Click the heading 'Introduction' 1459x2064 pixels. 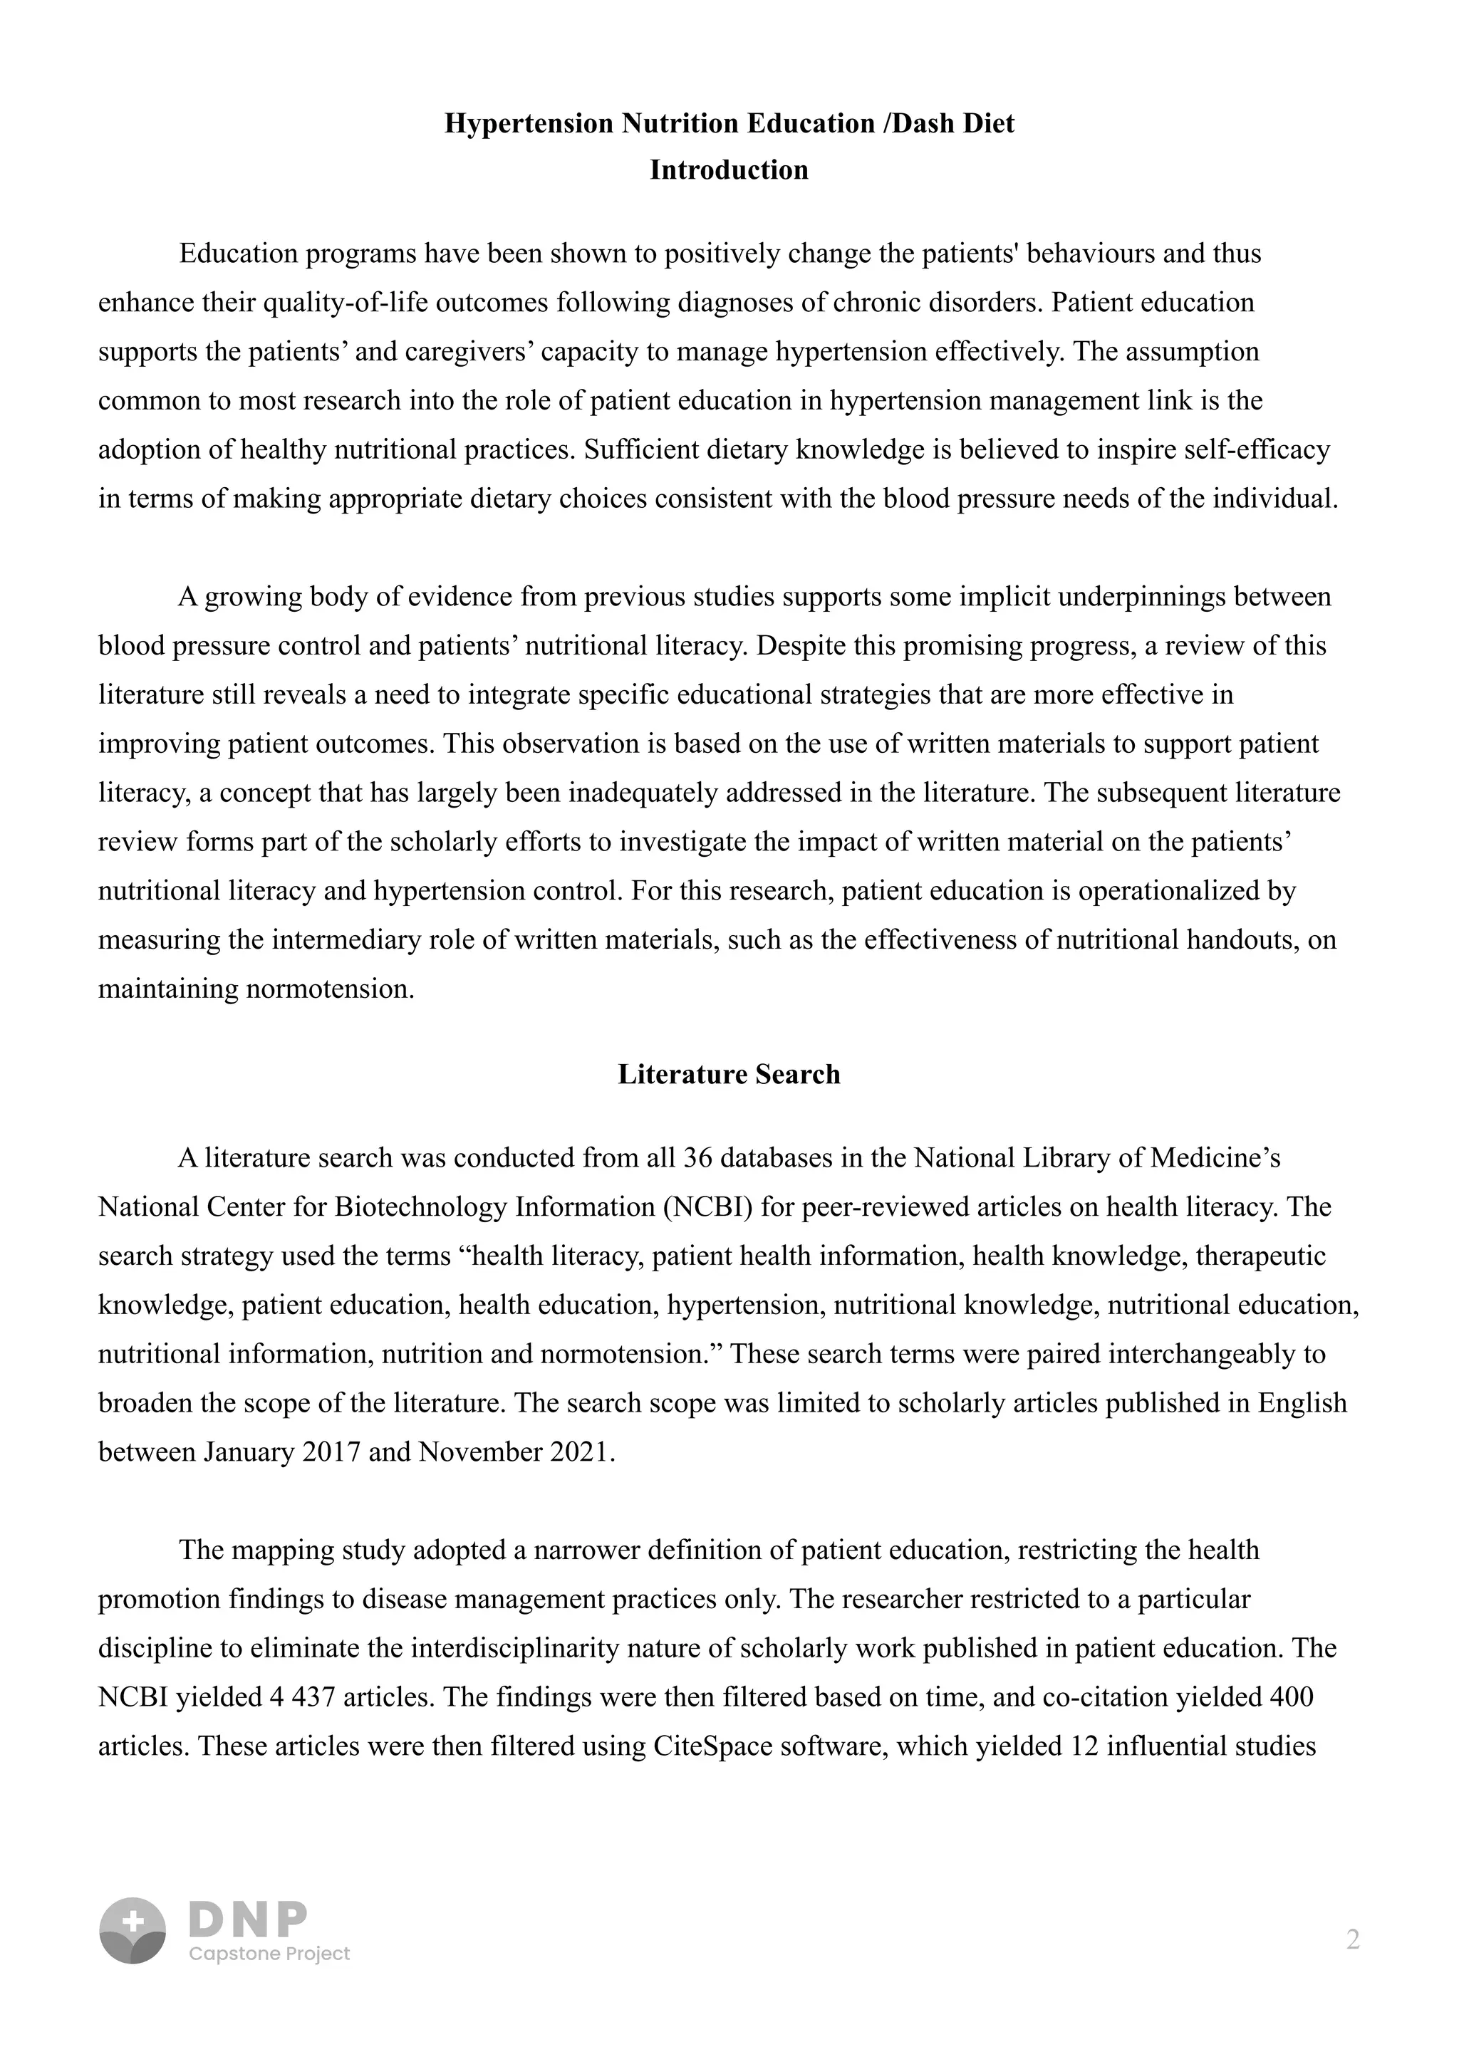tap(728, 170)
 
